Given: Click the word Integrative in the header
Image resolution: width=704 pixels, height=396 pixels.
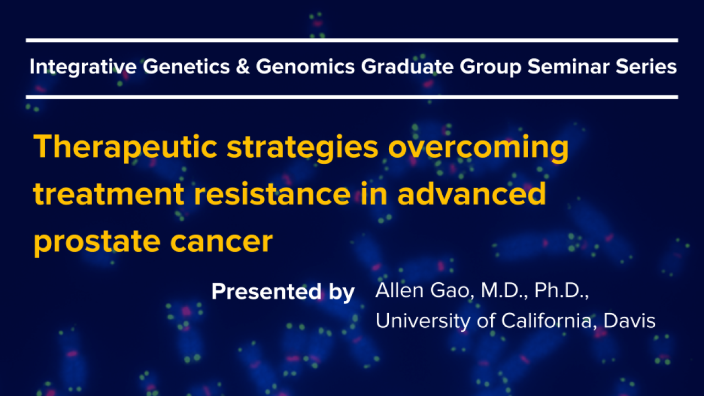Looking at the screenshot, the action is [x=83, y=67].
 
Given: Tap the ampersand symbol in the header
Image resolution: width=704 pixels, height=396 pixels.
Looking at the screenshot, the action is [x=243, y=67].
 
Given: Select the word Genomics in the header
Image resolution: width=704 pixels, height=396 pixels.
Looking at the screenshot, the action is [x=305, y=67].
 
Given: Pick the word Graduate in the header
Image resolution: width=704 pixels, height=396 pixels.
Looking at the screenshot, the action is [x=407, y=67].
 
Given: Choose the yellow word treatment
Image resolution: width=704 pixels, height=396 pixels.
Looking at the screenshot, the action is [x=108, y=195].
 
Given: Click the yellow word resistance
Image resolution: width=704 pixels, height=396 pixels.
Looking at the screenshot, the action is [x=272, y=194].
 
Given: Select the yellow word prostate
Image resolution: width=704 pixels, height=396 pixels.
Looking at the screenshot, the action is [x=97, y=243].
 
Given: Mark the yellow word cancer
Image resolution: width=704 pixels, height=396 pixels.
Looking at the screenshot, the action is [x=222, y=243].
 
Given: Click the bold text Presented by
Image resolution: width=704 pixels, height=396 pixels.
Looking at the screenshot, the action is [x=283, y=292].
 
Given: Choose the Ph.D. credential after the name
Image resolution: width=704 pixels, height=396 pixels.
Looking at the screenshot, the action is [x=562, y=290].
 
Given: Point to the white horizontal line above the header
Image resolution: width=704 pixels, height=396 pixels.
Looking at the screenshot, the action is [x=352, y=40].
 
